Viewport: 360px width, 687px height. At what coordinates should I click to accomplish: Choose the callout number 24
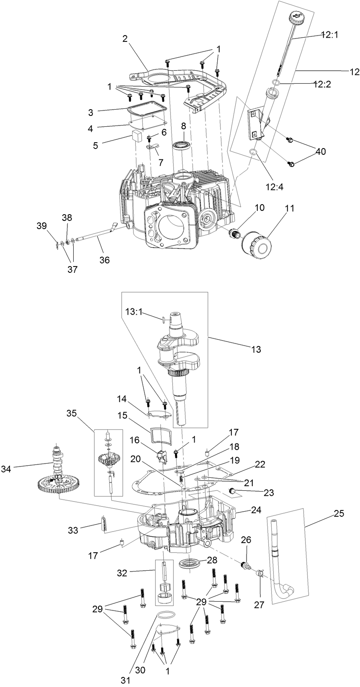256,510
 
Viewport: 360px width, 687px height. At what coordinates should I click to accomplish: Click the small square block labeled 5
136,135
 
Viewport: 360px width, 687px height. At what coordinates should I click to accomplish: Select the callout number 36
104,260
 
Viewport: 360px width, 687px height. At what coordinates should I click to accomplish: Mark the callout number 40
321,151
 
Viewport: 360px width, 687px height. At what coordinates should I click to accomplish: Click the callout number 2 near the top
125,39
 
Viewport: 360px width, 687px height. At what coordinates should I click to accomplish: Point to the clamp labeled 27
260,573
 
